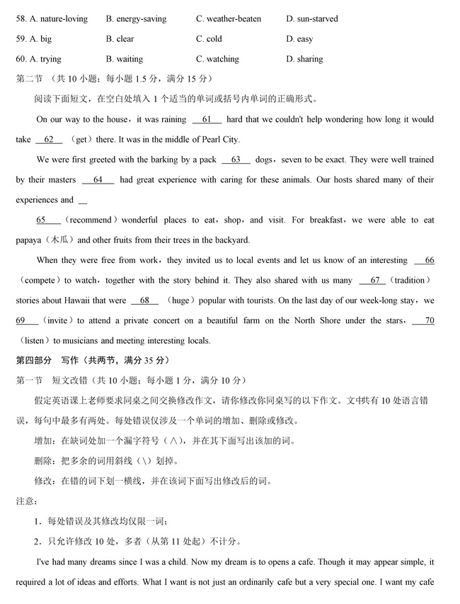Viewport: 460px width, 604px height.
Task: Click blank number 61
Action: [207, 120]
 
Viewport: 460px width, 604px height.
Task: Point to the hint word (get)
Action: [84, 140]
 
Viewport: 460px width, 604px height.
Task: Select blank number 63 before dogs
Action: [236, 160]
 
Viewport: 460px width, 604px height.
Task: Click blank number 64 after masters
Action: [98, 180]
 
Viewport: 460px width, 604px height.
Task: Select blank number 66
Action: [425, 260]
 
